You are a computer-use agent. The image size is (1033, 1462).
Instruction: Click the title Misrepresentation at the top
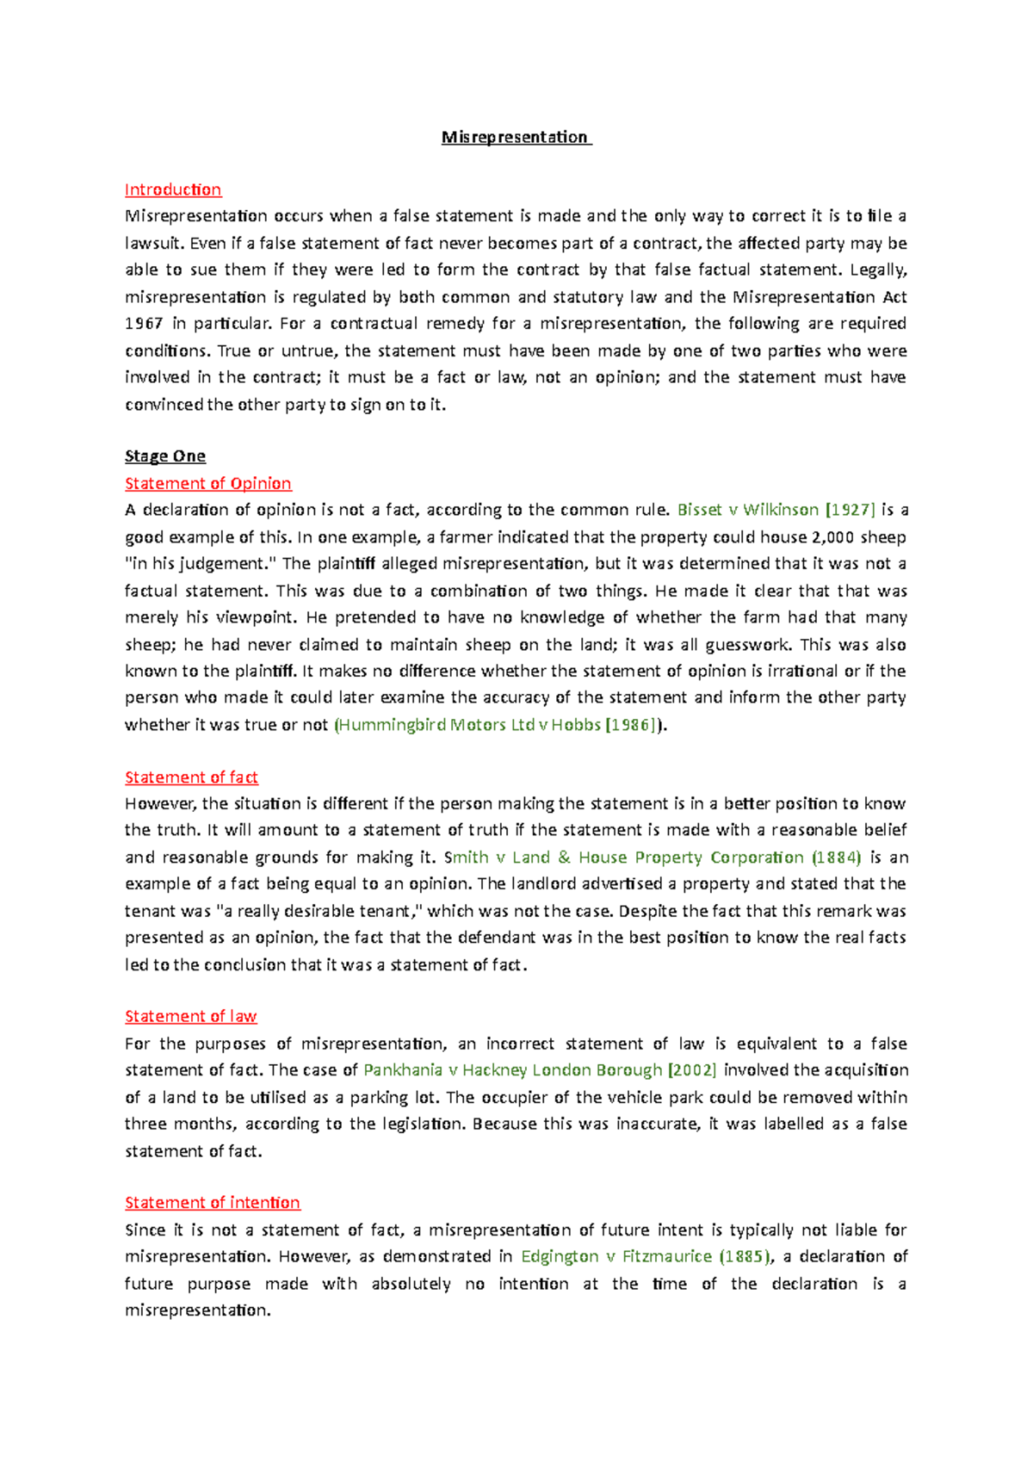click(x=515, y=137)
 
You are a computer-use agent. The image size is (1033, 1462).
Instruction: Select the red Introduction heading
click(x=173, y=189)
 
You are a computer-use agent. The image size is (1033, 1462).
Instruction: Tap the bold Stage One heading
click(x=165, y=456)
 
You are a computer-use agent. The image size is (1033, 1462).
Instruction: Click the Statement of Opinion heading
click(x=208, y=483)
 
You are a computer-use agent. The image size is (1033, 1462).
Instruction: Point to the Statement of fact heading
click(x=191, y=777)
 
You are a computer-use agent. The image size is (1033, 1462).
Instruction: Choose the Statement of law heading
click(x=191, y=1017)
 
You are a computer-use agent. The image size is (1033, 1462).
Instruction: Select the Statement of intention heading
click(x=213, y=1203)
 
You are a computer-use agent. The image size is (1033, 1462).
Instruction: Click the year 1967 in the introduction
click(x=144, y=324)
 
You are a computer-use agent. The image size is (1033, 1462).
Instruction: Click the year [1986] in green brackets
click(x=633, y=725)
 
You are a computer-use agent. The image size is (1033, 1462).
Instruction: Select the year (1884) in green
click(x=836, y=858)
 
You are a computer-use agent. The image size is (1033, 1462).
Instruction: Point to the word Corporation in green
click(x=757, y=858)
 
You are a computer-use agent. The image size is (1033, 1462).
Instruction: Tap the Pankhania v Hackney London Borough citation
click(x=513, y=1070)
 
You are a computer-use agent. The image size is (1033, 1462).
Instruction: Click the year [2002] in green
click(x=692, y=1070)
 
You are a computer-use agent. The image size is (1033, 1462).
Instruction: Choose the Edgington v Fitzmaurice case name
click(x=616, y=1256)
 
